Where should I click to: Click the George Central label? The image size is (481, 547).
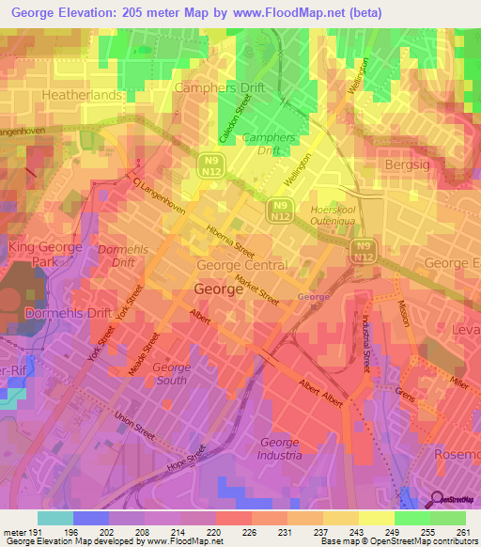coord(242,265)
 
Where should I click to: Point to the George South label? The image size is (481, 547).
coord(171,374)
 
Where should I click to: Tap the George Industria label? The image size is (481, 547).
coord(279,448)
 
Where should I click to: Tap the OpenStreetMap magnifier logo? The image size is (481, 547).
coord(434,501)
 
